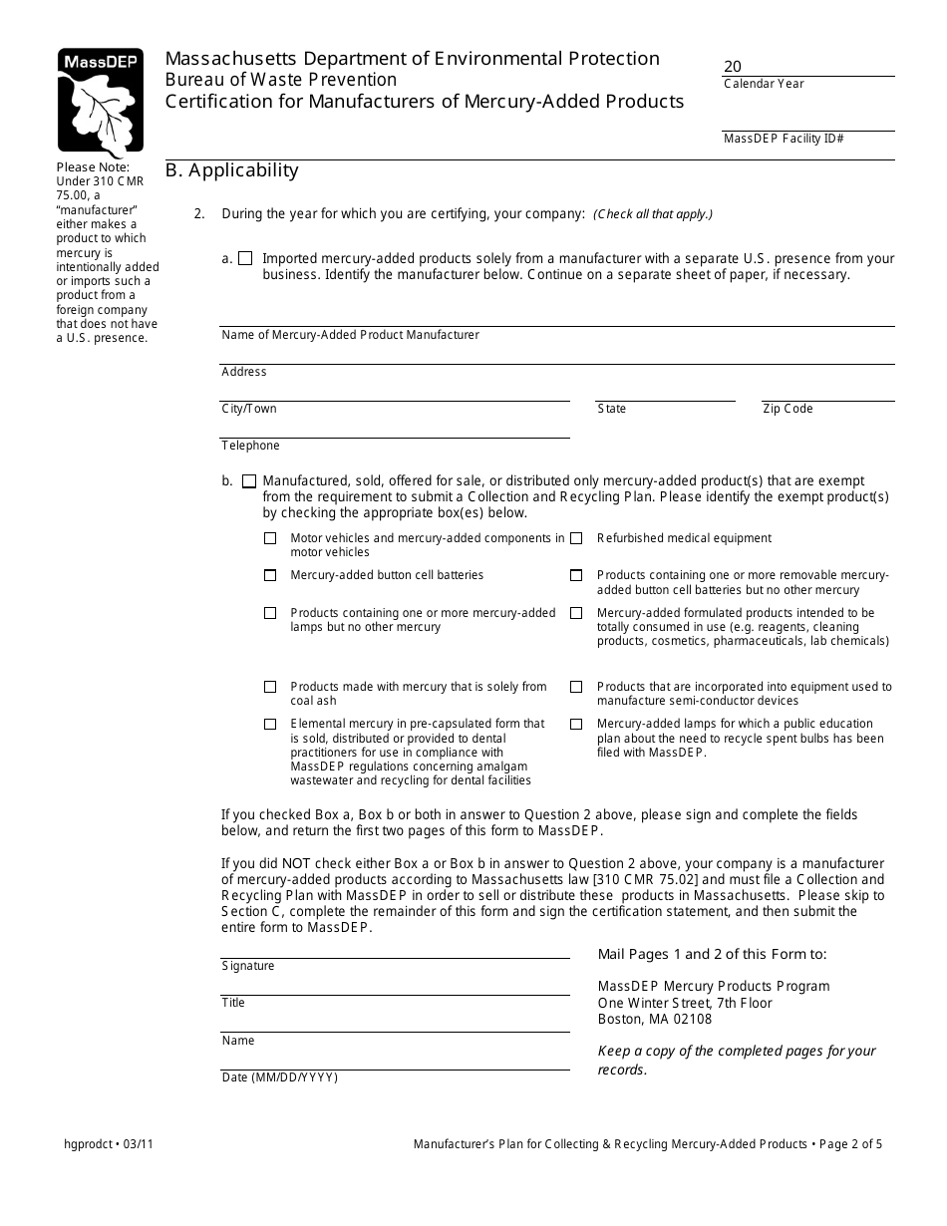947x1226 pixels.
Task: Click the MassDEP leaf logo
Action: coord(100,101)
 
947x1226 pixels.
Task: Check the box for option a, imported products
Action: coord(245,258)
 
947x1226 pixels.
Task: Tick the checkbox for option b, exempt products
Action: coord(248,480)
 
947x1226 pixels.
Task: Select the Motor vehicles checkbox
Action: coord(270,538)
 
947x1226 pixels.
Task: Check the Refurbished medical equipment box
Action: coord(576,538)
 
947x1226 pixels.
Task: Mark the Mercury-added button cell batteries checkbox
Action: coord(270,575)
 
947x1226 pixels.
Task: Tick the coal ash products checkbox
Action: coord(270,687)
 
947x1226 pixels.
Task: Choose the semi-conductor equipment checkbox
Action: coord(576,687)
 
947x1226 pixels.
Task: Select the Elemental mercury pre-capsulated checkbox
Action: coord(270,724)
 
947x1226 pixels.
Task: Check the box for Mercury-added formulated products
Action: coord(576,613)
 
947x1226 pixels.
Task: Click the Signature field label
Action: coord(248,966)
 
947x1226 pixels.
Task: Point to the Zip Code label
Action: coord(788,409)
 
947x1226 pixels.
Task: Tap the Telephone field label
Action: coord(250,446)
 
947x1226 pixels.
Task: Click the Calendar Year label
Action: coord(764,84)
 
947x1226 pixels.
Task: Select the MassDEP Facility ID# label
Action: coord(784,139)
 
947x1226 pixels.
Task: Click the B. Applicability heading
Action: coord(231,170)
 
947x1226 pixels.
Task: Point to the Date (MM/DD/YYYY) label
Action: coord(279,1077)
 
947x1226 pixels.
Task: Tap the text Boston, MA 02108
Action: coord(655,1019)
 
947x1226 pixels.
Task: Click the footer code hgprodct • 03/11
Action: coord(108,1144)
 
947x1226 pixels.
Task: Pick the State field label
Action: coord(612,409)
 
